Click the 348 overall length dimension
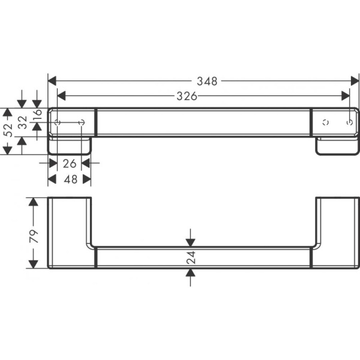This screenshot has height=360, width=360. coord(206,80)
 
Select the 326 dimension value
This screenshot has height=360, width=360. coord(187,95)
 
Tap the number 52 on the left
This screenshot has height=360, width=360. coord(7,131)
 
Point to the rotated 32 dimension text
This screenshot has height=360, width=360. coord(22,123)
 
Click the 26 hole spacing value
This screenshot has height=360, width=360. coord(70,163)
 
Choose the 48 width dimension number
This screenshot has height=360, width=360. coord(70,179)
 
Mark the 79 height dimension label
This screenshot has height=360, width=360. coord(34,233)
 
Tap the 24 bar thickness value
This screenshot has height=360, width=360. coord(190,257)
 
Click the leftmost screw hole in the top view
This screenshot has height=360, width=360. coord(58,122)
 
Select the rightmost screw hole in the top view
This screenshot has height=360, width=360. coord(349,122)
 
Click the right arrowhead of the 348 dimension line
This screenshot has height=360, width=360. coord(355,80)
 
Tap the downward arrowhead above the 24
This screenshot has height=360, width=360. coord(190,242)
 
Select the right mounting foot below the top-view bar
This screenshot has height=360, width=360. coord(336,146)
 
